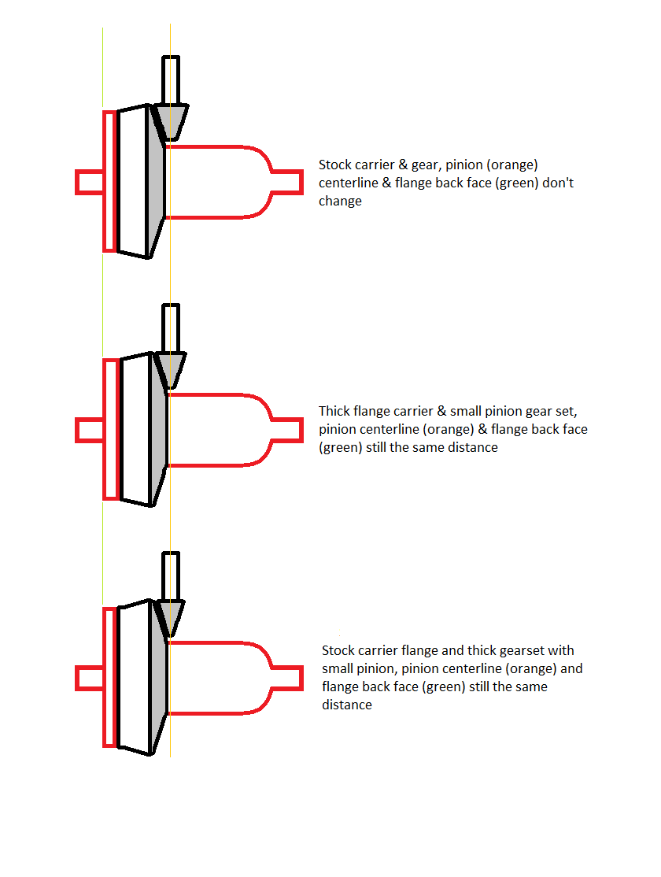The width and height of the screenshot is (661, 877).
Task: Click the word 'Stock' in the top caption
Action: (x=336, y=165)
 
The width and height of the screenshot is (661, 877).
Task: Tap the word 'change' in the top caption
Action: (x=340, y=202)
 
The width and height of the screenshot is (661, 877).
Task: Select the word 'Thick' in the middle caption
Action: (x=334, y=411)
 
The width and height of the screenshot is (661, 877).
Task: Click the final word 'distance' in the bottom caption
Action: (x=347, y=705)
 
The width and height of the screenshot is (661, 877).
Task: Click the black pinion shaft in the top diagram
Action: (x=171, y=80)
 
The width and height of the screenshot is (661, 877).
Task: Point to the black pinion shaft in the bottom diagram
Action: (x=171, y=576)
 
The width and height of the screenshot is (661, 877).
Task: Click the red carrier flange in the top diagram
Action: (x=109, y=181)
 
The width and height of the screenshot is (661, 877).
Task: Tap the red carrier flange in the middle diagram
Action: (x=111, y=429)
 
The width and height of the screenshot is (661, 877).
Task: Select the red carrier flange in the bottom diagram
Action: (x=109, y=677)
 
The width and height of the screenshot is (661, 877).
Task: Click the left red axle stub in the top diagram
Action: (x=90, y=183)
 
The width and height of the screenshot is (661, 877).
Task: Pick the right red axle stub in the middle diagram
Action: (x=287, y=430)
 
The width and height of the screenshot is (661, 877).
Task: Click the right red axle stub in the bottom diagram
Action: (x=287, y=678)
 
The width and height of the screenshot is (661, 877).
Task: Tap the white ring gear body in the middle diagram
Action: (x=135, y=430)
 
